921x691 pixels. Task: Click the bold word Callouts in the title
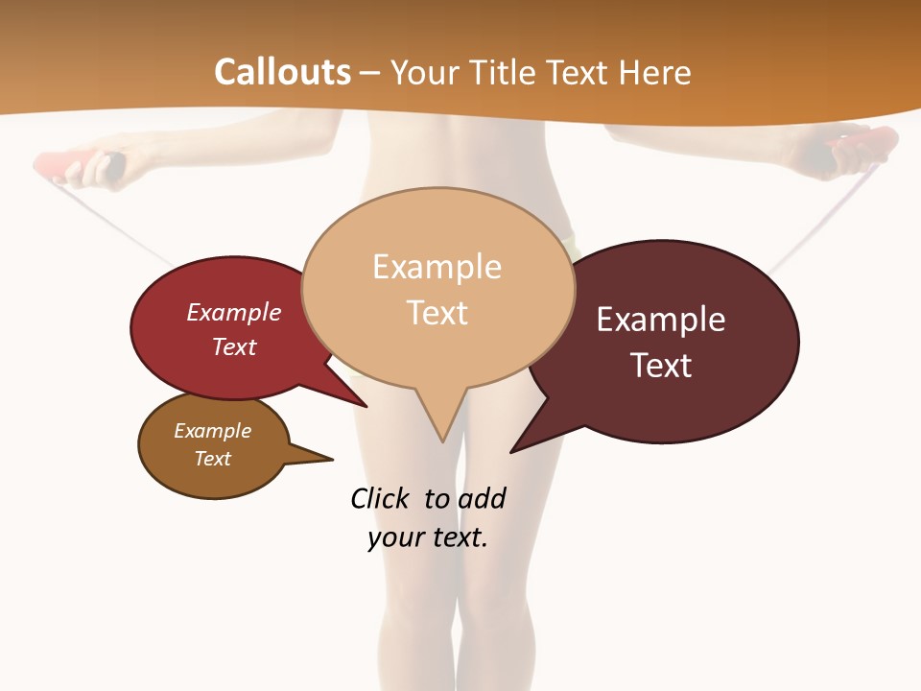282,72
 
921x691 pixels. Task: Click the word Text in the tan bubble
437,312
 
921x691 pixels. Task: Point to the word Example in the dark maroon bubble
661,320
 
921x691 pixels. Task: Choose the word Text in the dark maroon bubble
661,366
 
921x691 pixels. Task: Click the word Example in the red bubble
234,312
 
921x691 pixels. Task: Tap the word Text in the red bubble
234,346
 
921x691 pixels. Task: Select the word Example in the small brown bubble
212,431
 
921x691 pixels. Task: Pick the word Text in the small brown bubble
212,458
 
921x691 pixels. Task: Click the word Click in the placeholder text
379,498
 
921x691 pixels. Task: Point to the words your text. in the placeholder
427,538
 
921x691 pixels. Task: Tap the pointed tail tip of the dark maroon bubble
511,452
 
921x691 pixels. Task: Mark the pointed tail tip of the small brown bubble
332,459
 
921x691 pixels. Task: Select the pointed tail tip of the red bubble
366,406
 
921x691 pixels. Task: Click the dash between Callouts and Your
372,73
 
